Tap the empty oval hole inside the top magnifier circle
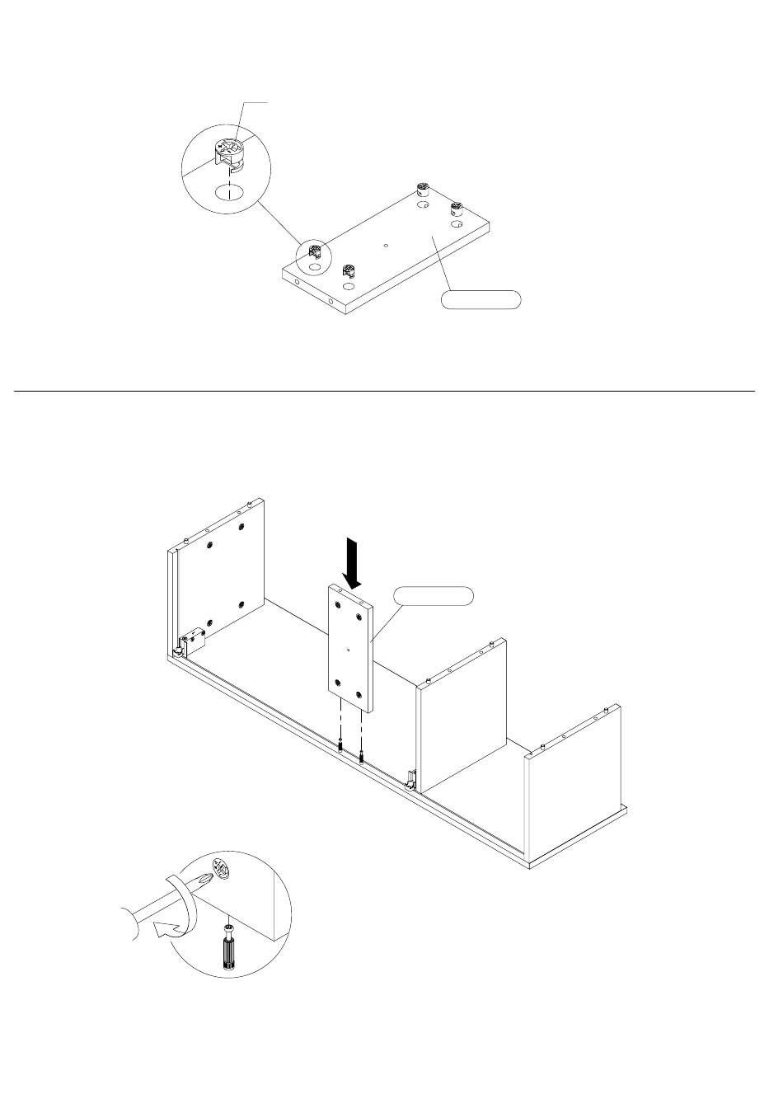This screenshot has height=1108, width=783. pos(228,194)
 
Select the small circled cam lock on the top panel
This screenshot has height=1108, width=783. pos(314,250)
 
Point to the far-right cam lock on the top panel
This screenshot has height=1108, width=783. pos(456,209)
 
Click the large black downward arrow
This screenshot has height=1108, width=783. pos(353,562)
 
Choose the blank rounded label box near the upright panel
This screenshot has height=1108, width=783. pos(434,596)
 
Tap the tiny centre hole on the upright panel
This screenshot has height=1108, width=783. pos(349,649)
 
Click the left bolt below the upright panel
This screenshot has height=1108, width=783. pos(340,745)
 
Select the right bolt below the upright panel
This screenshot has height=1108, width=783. pos(361,754)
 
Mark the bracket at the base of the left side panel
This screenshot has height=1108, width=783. pos(192,641)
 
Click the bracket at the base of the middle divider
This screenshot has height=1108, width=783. pos(411,777)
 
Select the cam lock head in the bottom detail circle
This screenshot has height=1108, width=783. pos(222,868)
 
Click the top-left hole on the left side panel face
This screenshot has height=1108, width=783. pos(211,546)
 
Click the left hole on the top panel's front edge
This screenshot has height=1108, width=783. pos(298,283)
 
